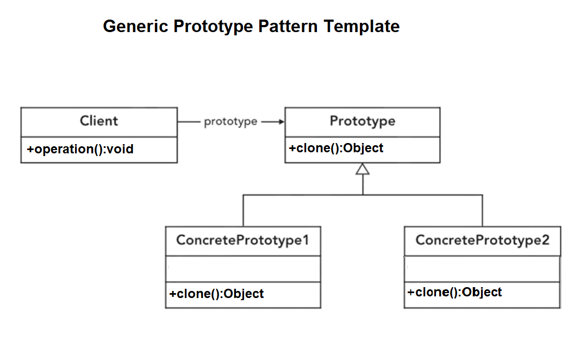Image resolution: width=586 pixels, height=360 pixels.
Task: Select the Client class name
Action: [99, 121]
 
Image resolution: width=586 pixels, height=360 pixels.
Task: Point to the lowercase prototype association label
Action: [230, 122]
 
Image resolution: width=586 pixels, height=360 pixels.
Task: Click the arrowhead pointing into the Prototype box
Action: [281, 122]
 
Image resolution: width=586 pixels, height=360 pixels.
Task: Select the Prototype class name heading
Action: [363, 121]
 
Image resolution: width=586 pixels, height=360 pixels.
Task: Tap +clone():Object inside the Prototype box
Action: [336, 148]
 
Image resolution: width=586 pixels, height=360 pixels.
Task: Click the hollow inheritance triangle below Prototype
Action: [363, 169]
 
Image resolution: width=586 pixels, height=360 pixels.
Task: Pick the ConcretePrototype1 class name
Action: [242, 240]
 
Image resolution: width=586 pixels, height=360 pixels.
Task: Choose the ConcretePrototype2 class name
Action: [482, 240]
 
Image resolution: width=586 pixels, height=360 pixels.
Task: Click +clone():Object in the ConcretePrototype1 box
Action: [216, 294]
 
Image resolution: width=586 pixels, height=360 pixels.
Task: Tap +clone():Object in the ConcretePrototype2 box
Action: [454, 293]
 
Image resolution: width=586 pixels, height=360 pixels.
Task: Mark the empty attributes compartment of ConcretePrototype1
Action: [243, 269]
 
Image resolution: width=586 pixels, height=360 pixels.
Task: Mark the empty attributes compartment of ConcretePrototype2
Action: [482, 269]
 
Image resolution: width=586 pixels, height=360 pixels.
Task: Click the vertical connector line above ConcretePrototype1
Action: [243, 210]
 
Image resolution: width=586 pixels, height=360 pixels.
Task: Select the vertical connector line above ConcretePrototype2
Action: [482, 210]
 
